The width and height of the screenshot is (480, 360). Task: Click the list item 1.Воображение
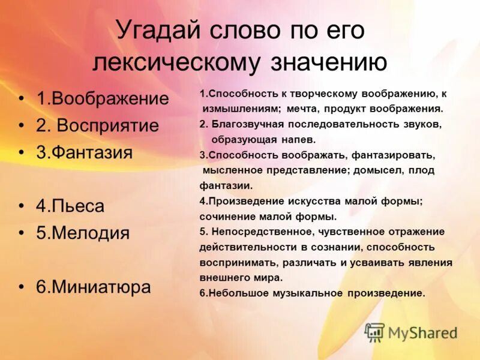[x=103, y=99]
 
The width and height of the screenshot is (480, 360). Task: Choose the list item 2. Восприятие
[x=98, y=125]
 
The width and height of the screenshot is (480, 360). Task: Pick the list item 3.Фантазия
[x=84, y=152]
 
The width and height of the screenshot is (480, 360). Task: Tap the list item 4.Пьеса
[x=70, y=206]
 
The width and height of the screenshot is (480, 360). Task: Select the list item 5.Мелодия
[x=83, y=233]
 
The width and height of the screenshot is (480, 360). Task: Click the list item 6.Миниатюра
[x=93, y=287]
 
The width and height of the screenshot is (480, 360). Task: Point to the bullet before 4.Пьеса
[x=22, y=207]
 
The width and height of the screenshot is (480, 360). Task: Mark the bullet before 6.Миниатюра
[x=22, y=287]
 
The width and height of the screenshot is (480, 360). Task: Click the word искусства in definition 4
[x=316, y=201]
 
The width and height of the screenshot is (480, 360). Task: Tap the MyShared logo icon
[x=374, y=332]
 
